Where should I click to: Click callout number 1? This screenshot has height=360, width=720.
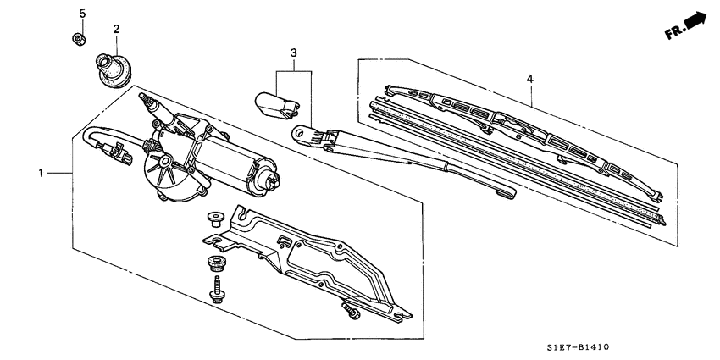pyautogui.click(x=41, y=172)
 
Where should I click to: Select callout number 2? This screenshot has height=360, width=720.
pyautogui.click(x=116, y=29)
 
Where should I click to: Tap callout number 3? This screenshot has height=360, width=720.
pyautogui.click(x=293, y=53)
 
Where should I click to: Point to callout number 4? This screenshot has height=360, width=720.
pyautogui.click(x=529, y=79)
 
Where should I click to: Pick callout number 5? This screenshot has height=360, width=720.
pyautogui.click(x=82, y=14)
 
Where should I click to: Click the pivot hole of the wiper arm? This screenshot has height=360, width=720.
pyautogui.click(x=298, y=132)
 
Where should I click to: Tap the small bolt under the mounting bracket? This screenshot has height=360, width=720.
pyautogui.click(x=351, y=311)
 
